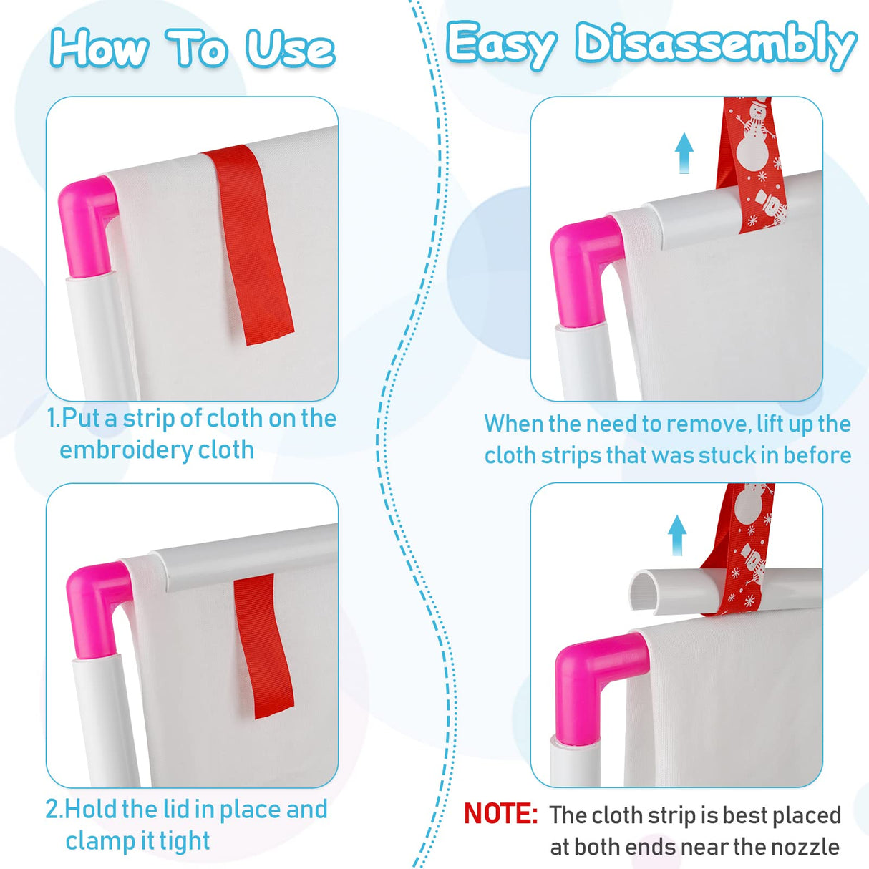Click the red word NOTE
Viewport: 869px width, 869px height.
point(500,813)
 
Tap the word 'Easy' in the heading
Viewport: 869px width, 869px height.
point(500,44)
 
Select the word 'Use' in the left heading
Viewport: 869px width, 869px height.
point(290,48)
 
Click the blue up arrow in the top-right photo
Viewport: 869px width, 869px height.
point(684,153)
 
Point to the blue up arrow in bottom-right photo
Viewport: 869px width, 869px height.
point(677,535)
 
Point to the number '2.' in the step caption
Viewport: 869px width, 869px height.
point(55,809)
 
